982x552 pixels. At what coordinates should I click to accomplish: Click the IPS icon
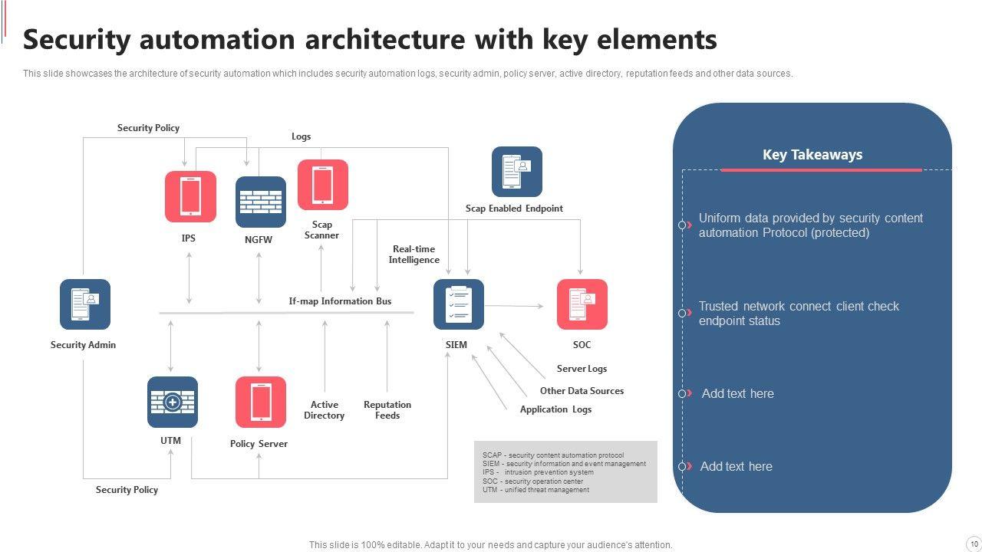coord(190,196)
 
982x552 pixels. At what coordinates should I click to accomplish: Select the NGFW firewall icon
coord(260,202)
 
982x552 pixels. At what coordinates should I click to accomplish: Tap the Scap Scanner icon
coord(322,184)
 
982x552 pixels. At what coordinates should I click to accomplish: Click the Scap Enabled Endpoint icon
coord(516,172)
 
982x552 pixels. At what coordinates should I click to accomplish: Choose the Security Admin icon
coord(85,304)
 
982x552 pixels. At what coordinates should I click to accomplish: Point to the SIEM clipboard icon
coord(458,304)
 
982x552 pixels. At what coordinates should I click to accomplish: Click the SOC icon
coord(582,304)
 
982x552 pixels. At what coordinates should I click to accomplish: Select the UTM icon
coord(173,402)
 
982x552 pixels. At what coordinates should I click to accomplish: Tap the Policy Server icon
coord(260,402)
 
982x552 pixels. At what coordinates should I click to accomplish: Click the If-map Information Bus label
coord(340,301)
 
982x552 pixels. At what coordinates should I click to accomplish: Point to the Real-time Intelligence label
coord(414,255)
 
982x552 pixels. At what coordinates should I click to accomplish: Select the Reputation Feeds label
coord(387,410)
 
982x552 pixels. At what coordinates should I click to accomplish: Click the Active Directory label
coord(324,410)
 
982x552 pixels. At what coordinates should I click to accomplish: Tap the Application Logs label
coord(555,409)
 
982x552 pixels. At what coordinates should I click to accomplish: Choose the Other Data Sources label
coord(582,391)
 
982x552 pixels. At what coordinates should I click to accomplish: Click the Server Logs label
coord(582,369)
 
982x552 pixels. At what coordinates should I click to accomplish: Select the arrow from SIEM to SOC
coord(514,306)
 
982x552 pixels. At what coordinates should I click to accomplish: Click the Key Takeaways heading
coord(812,155)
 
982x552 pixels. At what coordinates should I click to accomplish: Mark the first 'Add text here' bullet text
coord(737,393)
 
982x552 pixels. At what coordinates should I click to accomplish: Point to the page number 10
coord(974,544)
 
